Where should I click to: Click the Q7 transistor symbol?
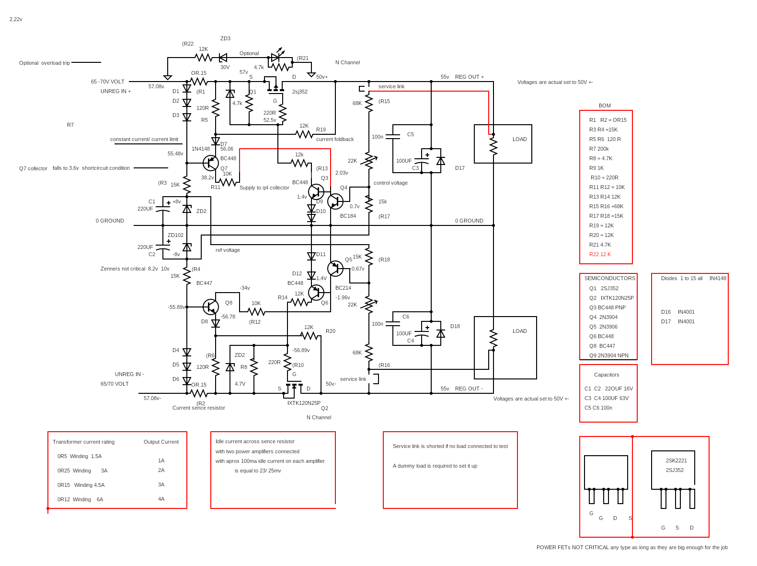pos(211,163)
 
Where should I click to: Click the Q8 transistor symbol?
pos(211,307)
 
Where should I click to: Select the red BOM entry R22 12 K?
pos(600,254)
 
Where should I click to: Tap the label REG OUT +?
pos(469,77)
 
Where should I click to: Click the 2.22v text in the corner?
pos(16,19)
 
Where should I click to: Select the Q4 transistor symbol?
pos(335,201)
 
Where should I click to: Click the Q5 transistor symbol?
pos(335,269)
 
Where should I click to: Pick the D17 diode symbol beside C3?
pos(441,161)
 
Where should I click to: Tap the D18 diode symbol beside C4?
pos(441,333)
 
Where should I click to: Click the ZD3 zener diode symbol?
pos(223,58)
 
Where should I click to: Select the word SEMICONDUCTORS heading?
pos(609,278)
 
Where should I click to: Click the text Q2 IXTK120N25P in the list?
pos(611,298)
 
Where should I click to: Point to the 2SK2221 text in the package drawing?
pos(676,460)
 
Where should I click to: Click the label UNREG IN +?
pos(115,91)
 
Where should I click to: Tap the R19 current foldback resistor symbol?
pos(304,134)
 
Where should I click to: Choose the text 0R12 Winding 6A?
pos(80,499)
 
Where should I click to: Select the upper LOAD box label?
pos(519,139)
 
